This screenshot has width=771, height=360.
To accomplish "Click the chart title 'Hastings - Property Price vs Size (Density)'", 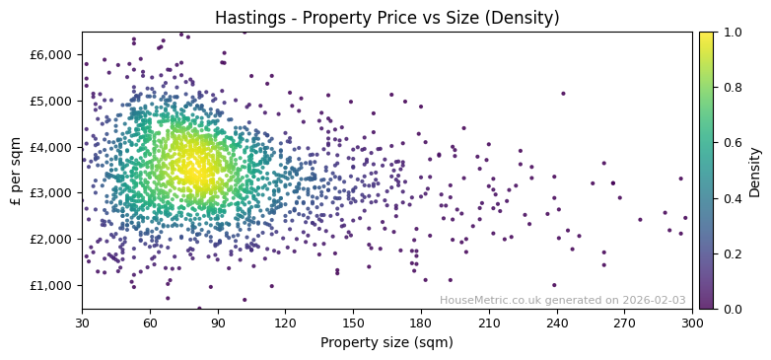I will (385, 17).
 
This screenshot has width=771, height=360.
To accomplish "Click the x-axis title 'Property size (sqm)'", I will (386, 343).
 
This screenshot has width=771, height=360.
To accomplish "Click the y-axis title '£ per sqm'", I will (16, 171).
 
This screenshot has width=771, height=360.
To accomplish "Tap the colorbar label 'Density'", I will (754, 171).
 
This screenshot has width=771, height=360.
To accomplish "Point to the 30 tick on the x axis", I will (82, 323).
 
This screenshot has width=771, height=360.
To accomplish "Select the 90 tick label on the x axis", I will (218, 323).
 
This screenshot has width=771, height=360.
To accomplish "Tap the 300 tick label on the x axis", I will (692, 323).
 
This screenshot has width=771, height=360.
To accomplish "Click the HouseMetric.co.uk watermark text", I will (562, 300).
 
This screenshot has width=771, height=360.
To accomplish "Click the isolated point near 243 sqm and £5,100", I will (563, 94).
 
